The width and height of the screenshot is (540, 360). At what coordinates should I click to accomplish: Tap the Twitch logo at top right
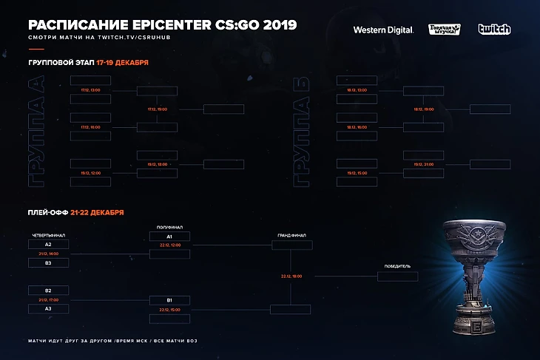[493, 30]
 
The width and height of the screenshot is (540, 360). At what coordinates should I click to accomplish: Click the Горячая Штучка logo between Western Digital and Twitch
[444, 30]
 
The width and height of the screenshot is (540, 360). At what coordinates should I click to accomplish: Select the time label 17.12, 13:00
[90, 89]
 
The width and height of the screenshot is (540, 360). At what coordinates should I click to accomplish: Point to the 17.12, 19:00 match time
[157, 109]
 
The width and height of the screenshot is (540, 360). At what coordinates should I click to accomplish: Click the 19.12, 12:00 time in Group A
[90, 173]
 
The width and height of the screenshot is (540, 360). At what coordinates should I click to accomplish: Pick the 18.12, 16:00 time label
[357, 127]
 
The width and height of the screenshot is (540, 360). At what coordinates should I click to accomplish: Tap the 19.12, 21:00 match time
[424, 164]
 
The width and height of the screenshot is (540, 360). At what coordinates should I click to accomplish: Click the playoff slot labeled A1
[169, 237]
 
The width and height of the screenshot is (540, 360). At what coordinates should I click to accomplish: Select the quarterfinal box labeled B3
[48, 262]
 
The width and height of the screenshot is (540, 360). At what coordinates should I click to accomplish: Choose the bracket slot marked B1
[169, 299]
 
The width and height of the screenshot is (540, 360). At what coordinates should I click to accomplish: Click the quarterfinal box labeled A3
[48, 308]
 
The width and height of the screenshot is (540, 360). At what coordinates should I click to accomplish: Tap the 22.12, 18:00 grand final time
[291, 276]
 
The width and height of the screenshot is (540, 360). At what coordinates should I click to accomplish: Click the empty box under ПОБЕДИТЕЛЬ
[397, 276]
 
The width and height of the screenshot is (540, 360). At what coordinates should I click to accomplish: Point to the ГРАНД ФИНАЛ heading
[291, 235]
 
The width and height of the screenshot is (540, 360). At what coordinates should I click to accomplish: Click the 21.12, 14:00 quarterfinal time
[48, 253]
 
